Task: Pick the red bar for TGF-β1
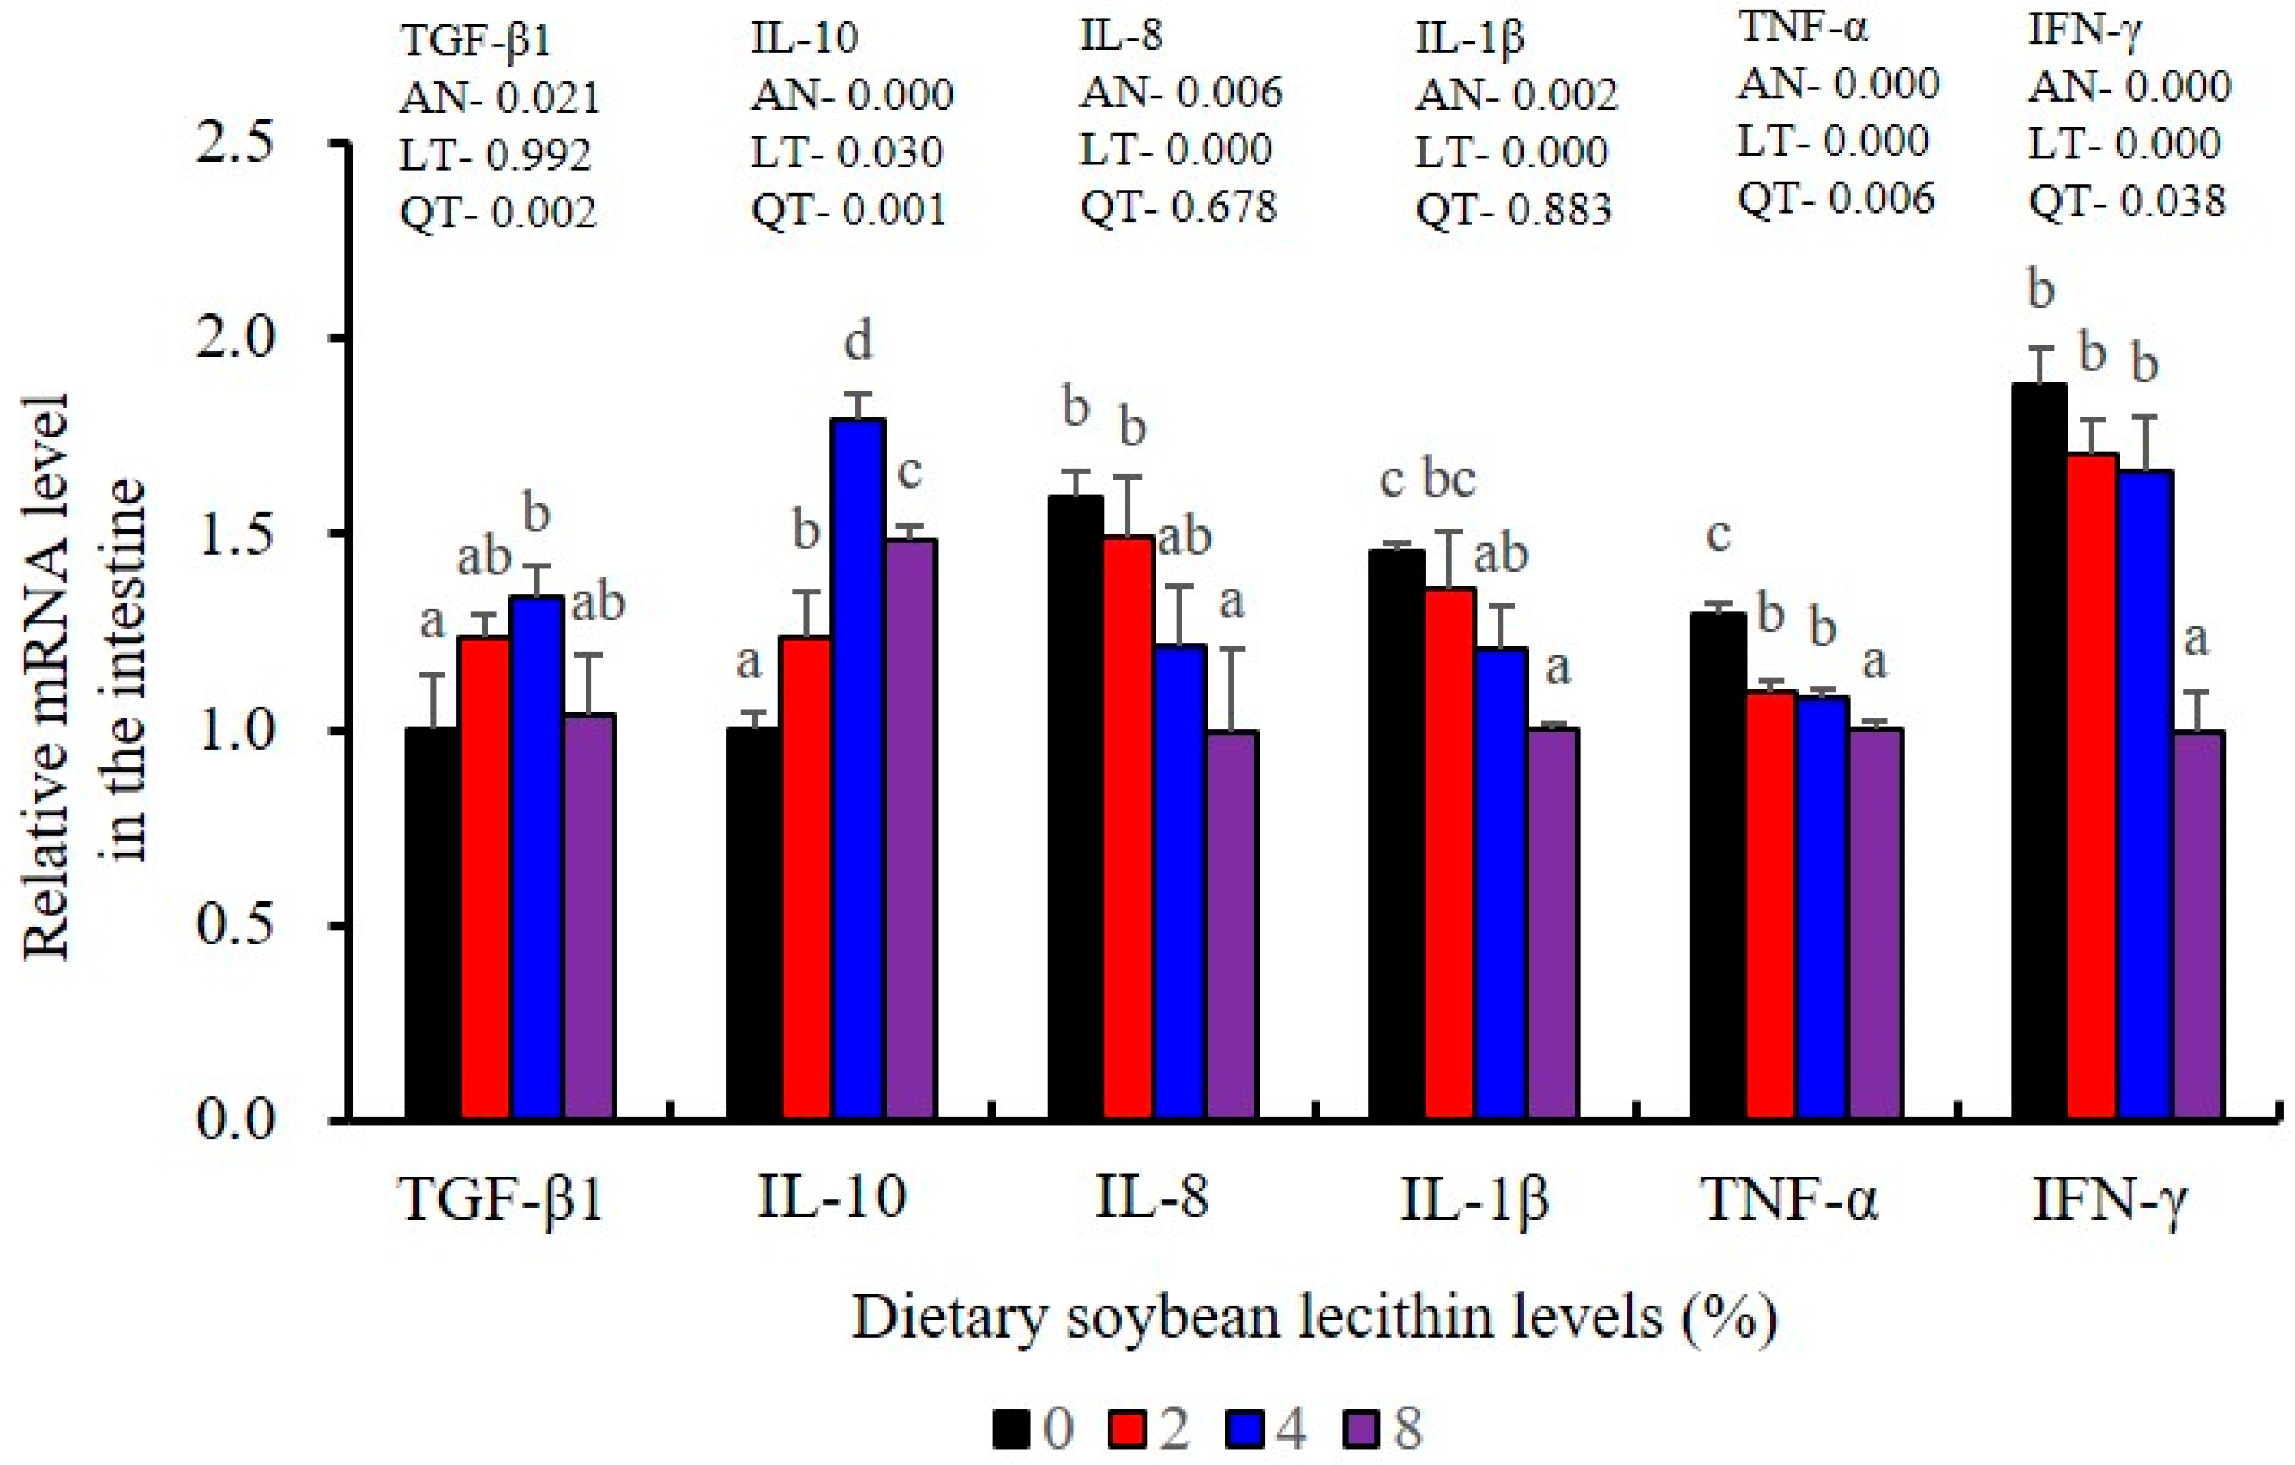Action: click(485, 877)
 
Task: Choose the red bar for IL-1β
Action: click(1450, 852)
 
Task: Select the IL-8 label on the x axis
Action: click(1152, 1198)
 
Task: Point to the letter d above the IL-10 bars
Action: click(858, 341)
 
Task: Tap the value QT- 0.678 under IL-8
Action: click(1178, 206)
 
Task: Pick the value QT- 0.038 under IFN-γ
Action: click(2127, 200)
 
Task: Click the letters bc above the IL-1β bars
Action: click(1449, 478)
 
